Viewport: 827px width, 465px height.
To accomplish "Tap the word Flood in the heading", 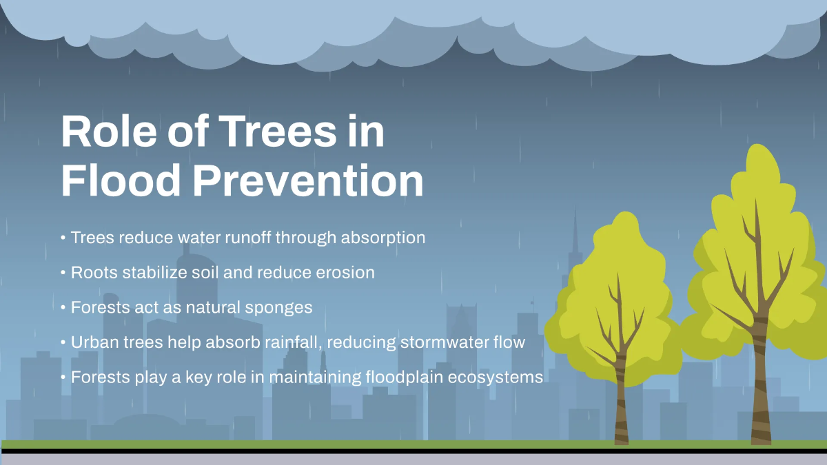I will coord(119,180).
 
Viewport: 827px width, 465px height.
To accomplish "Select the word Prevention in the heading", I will coord(307,180).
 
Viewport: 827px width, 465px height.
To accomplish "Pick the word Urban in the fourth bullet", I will coord(94,342).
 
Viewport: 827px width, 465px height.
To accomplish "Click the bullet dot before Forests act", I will coord(63,307).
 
